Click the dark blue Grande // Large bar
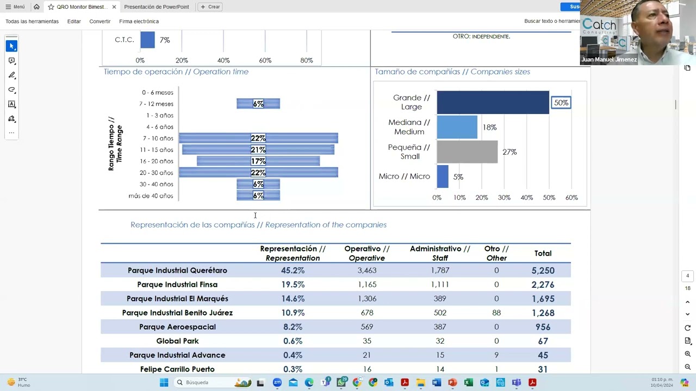click(x=493, y=103)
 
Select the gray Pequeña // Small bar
click(x=467, y=152)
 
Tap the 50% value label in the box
click(x=561, y=103)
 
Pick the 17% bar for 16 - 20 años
click(x=258, y=161)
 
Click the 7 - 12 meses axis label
click(x=156, y=104)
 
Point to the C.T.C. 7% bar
click(x=147, y=40)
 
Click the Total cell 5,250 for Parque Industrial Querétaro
click(x=543, y=270)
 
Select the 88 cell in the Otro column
click(x=496, y=312)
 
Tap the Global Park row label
click(x=177, y=340)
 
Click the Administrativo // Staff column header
click(x=440, y=253)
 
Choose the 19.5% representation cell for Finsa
click(x=293, y=284)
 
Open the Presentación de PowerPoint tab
click(x=156, y=7)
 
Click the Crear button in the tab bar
click(x=210, y=7)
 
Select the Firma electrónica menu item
click(x=139, y=21)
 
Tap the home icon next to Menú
click(x=36, y=7)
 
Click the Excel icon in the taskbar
click(x=469, y=382)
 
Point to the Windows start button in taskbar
click(x=164, y=382)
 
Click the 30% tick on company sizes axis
click(x=504, y=198)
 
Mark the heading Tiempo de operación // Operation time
click(x=176, y=72)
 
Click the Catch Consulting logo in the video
click(x=599, y=26)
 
